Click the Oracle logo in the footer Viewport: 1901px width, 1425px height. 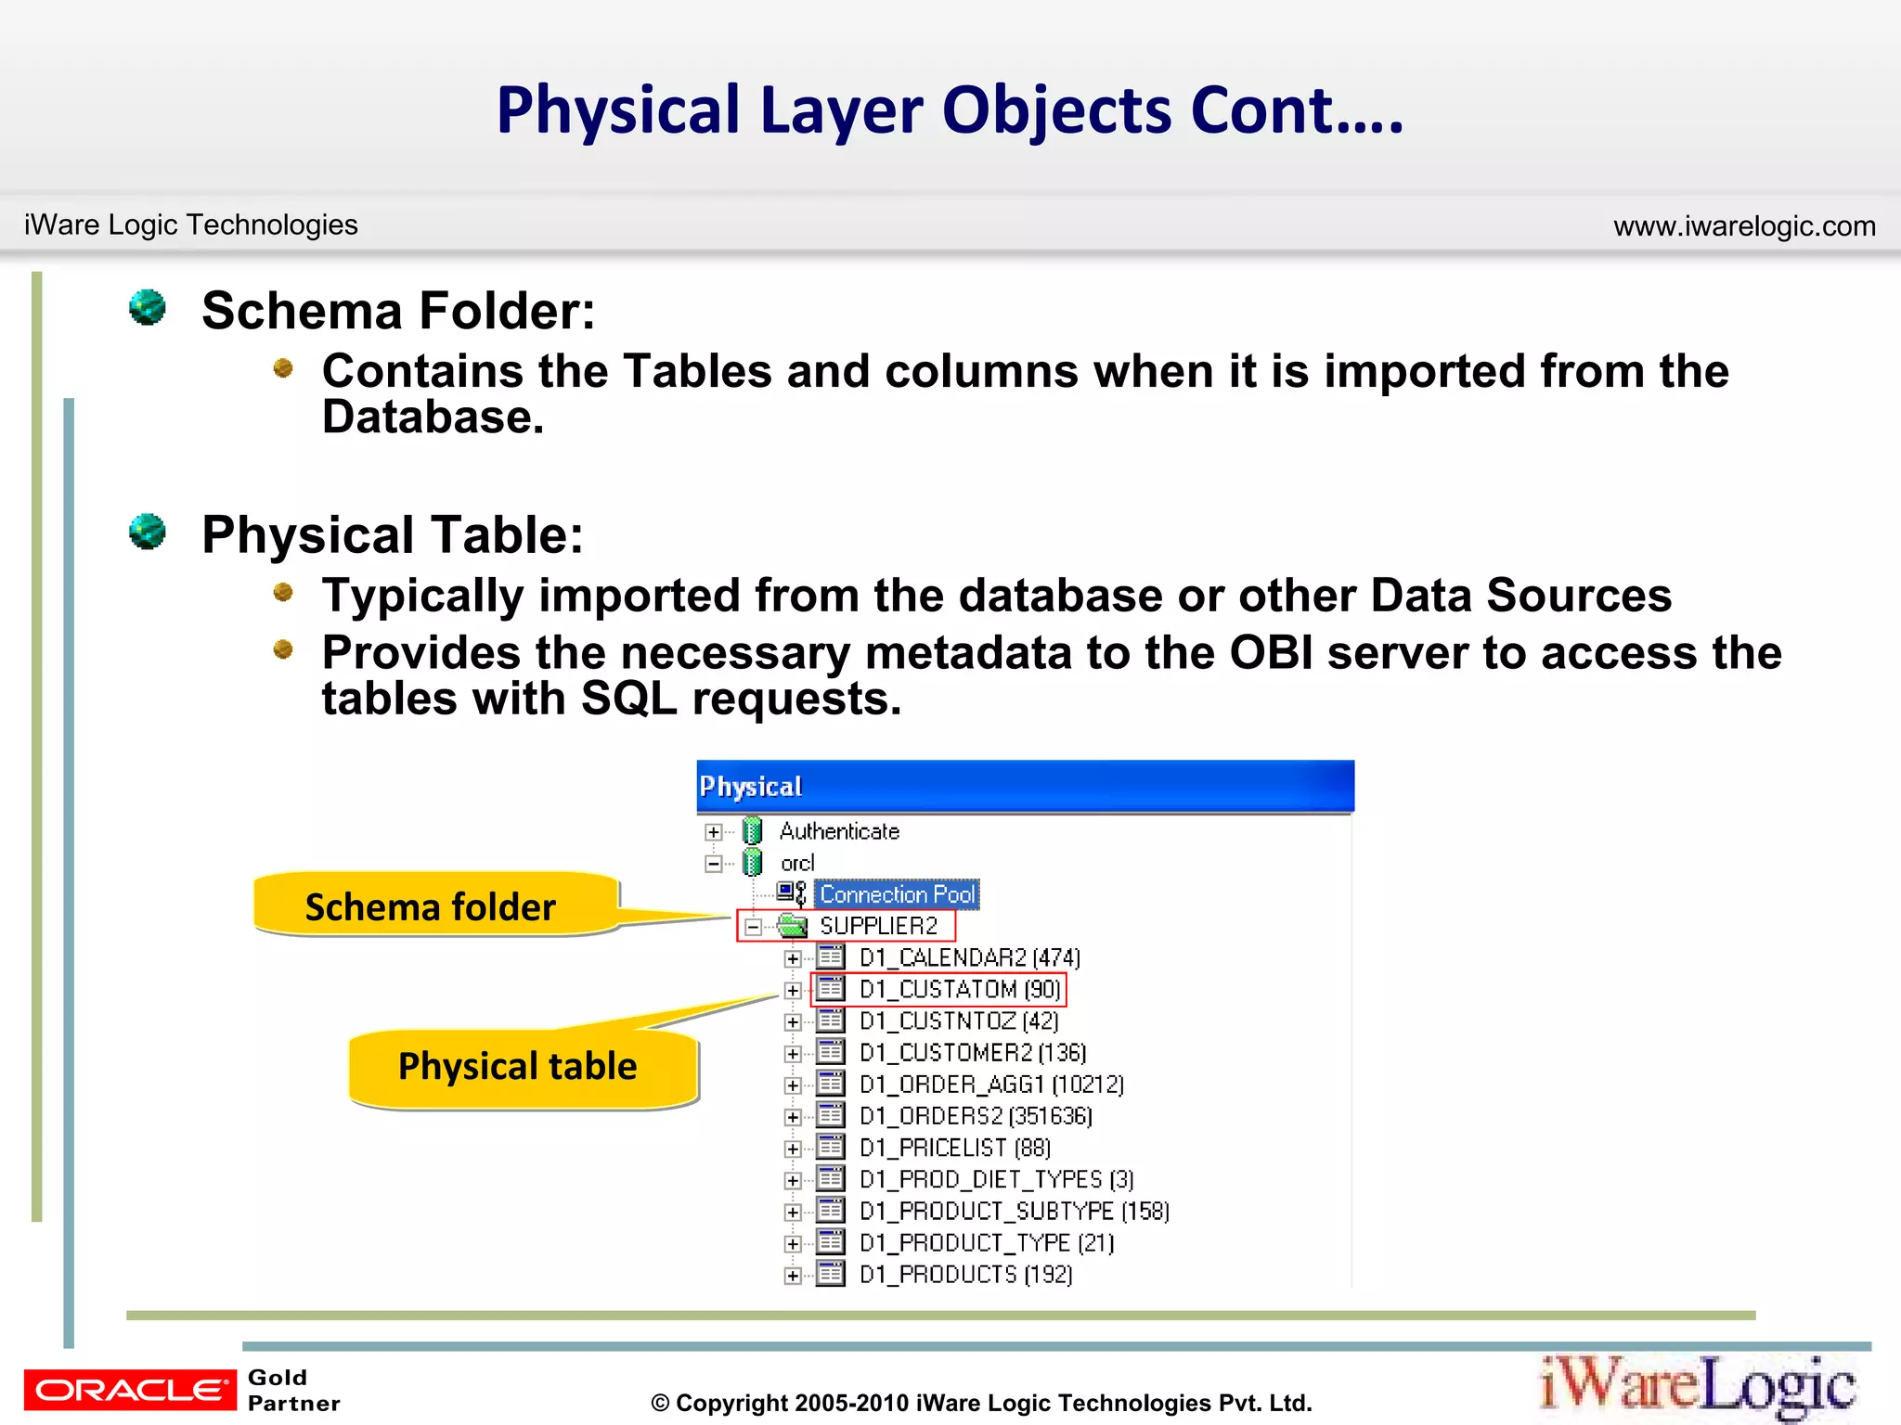130,1389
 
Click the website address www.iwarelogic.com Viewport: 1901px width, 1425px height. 1744,226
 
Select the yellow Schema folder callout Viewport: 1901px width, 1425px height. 433,906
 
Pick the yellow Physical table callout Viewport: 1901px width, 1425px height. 520,1067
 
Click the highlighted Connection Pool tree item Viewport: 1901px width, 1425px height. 897,894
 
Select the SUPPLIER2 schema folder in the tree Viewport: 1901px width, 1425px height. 878,926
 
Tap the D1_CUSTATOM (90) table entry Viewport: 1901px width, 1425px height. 960,990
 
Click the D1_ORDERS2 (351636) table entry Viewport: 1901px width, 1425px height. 975,1116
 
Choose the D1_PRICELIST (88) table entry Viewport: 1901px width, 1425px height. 954,1149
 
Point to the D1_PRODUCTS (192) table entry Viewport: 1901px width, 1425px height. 965,1275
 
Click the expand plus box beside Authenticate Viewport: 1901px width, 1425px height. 713,832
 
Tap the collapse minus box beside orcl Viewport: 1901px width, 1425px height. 713,864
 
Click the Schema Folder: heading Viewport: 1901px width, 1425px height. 398,311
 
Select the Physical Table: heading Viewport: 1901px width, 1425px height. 393,535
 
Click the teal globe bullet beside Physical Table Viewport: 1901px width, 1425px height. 148,532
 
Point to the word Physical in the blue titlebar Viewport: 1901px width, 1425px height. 750,787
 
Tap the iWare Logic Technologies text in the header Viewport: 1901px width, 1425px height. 190,225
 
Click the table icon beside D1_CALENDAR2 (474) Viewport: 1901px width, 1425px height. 831,957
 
